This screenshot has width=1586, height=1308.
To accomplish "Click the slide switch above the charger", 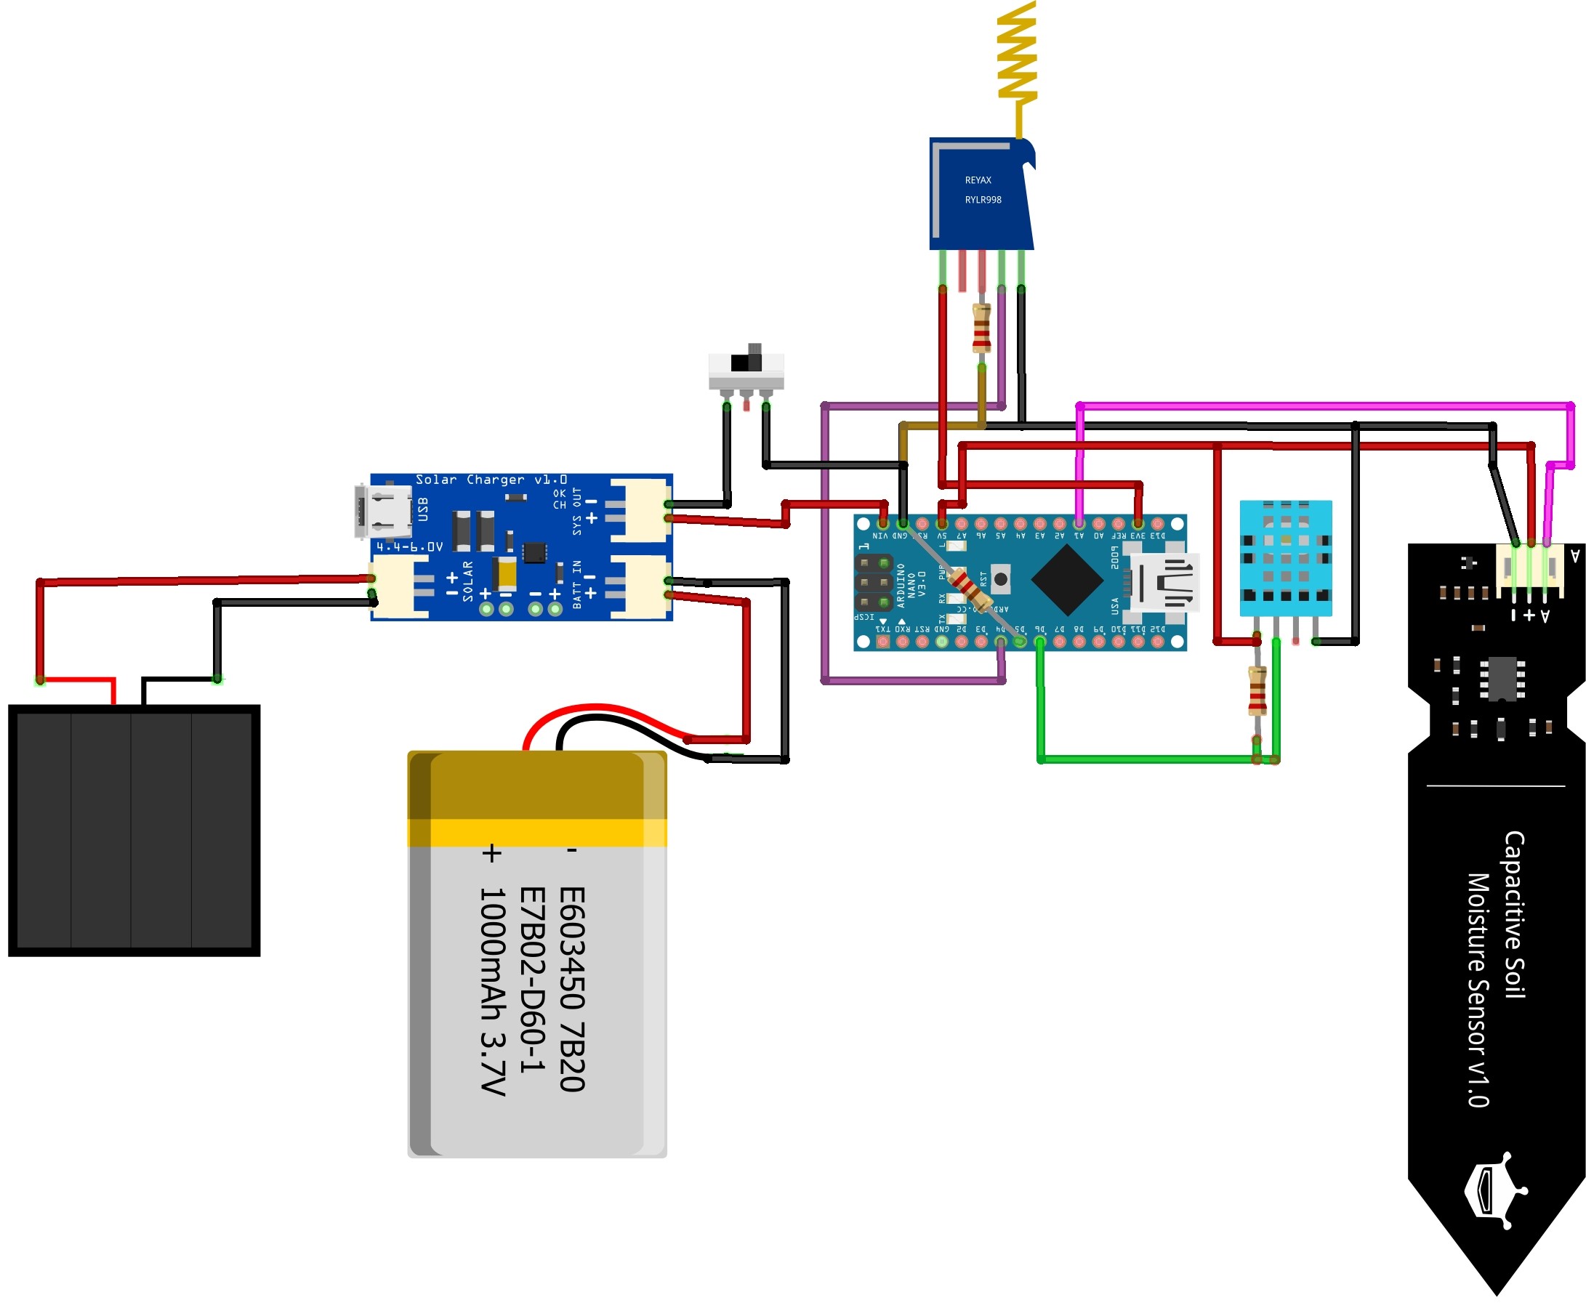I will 746,368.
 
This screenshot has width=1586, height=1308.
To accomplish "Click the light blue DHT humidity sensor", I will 1285,557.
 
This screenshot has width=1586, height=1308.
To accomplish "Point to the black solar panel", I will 134,830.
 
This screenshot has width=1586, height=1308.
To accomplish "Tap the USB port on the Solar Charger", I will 384,512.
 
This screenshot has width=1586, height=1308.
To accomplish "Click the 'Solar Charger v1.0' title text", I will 491,480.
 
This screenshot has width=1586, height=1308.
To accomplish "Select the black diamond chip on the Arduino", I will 1067,579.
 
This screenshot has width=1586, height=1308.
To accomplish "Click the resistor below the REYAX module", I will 981,328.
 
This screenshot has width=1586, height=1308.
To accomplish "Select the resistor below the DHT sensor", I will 1257,690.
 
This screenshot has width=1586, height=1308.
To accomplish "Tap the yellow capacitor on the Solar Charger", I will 507,573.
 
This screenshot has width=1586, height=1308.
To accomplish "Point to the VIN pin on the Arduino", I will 882,524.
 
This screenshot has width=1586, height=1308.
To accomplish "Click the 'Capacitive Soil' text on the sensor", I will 1515,915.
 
